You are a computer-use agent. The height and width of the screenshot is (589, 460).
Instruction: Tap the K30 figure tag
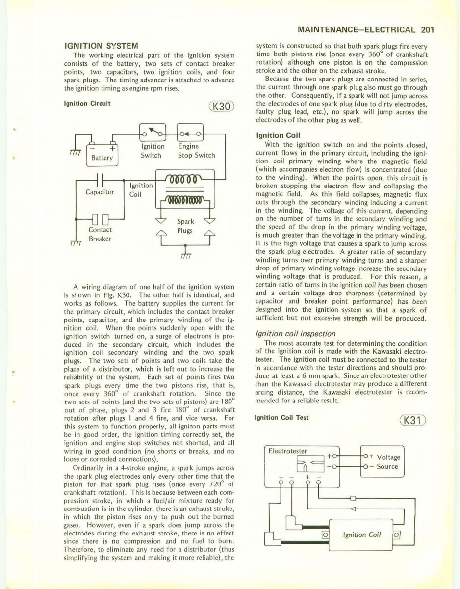pyautogui.click(x=222, y=107)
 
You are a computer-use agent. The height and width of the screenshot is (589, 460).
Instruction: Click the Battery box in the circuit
pyautogui.click(x=102, y=154)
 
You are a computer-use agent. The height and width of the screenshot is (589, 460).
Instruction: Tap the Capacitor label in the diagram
pyautogui.click(x=100, y=192)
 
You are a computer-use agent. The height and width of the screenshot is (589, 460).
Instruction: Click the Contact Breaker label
pyautogui.click(x=100, y=234)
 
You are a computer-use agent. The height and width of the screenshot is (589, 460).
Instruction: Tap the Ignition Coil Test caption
pyautogui.click(x=281, y=417)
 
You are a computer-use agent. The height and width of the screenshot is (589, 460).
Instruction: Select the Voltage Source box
pyautogui.click(x=383, y=462)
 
